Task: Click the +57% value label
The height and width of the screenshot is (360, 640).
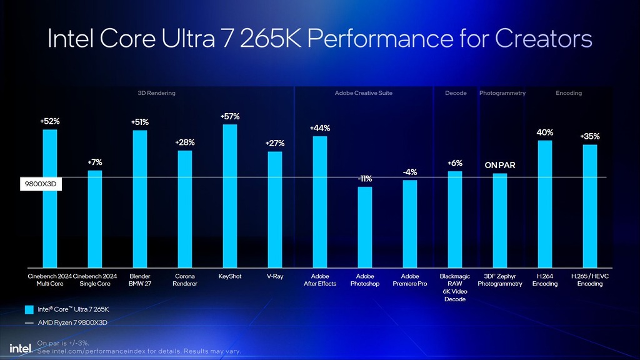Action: coord(230,116)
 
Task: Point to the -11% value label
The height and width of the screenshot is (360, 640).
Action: coord(365,179)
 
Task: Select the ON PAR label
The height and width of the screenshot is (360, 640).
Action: coord(500,166)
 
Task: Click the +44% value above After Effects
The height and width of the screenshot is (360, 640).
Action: coord(320,128)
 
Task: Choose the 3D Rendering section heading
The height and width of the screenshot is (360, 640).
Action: coord(156,93)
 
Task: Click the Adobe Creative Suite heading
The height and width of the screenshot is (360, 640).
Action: coord(364,93)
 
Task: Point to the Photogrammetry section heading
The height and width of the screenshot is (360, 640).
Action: coord(502,93)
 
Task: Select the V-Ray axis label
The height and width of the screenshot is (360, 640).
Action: coord(275,276)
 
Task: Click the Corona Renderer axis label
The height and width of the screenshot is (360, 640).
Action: coord(185,280)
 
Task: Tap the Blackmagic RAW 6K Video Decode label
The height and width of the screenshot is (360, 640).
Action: coord(455,287)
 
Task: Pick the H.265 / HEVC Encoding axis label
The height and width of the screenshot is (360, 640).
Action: coord(590,280)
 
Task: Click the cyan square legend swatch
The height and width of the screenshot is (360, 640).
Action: coord(29,309)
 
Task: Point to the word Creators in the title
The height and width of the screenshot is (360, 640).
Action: coord(543,39)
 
